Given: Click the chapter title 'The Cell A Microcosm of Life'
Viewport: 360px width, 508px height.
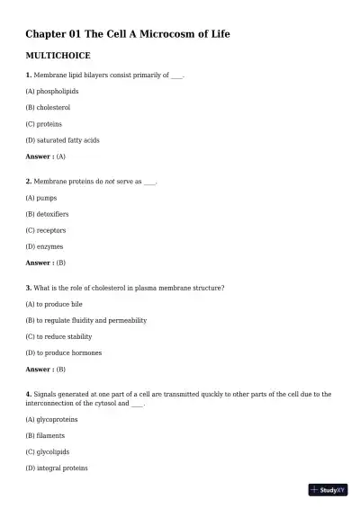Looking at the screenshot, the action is (128, 34).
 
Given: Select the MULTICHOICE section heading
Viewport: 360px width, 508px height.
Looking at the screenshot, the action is (58, 56).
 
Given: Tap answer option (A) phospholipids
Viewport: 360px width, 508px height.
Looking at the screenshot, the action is (52, 91).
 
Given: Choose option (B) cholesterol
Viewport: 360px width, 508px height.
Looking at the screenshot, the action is (49, 107).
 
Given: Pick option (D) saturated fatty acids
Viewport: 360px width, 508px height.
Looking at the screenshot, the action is (62, 140).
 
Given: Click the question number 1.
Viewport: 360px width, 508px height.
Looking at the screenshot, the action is (29, 75).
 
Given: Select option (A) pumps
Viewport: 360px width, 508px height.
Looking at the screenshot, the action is (41, 197).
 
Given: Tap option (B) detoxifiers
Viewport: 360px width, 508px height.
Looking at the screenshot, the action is (47, 214).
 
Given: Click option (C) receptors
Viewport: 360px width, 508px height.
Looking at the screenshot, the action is (46, 230).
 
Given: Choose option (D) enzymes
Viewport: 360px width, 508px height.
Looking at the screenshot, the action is (45, 246).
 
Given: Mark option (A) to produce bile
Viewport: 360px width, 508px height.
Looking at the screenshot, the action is (54, 304).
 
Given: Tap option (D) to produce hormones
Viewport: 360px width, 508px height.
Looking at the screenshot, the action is (64, 352).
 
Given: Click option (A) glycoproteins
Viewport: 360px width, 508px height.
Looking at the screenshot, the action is (52, 419).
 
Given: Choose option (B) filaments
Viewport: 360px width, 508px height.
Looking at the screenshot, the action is (46, 435).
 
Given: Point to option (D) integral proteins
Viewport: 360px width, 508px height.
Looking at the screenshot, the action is (57, 468).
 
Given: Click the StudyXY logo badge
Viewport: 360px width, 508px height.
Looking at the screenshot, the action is (328, 490).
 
